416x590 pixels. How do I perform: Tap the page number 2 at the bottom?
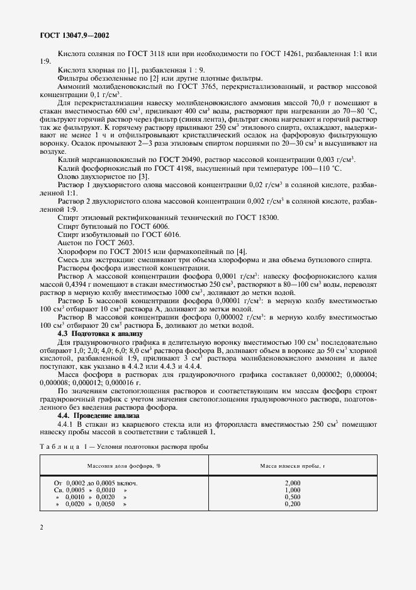(42, 528)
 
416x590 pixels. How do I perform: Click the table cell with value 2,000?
(292, 482)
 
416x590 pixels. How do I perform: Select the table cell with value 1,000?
(292, 490)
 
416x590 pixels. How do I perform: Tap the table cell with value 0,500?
(292, 497)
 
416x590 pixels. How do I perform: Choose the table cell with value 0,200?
(292, 504)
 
